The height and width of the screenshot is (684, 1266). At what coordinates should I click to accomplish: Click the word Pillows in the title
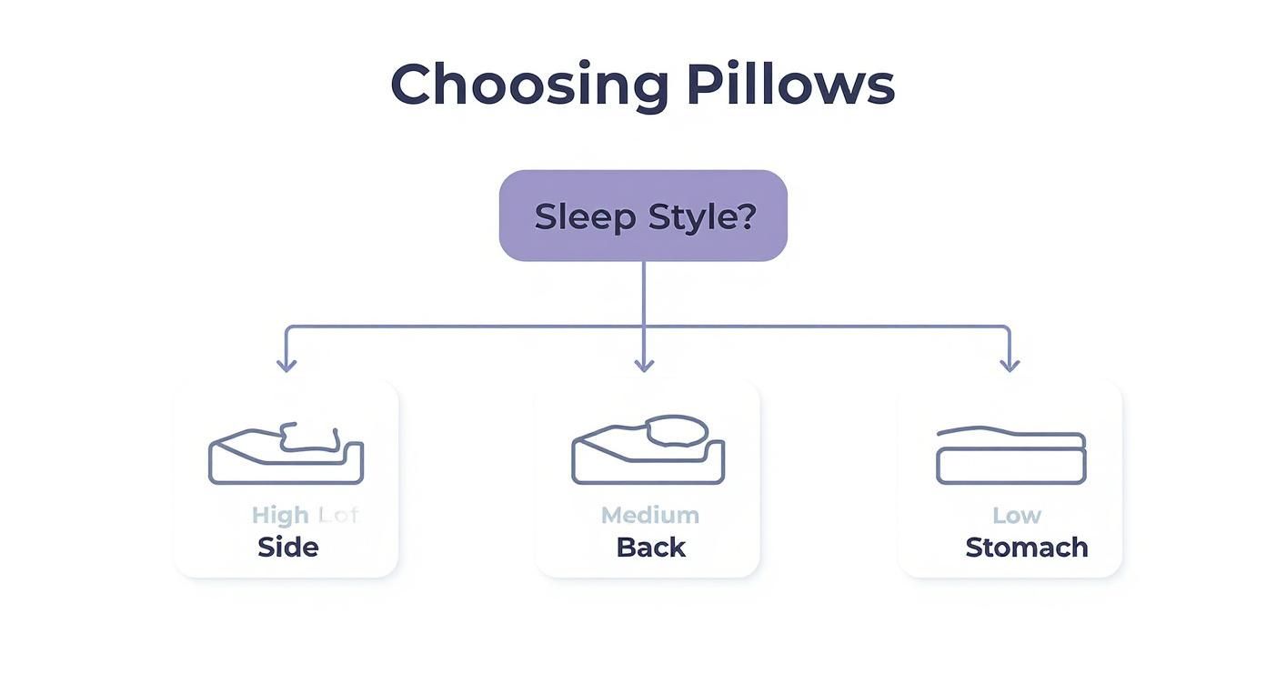(789, 85)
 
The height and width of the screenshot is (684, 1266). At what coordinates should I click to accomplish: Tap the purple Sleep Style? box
(643, 216)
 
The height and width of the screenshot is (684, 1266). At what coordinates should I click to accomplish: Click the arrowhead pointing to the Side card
(286, 365)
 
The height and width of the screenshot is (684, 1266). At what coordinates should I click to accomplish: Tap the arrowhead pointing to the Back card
(644, 365)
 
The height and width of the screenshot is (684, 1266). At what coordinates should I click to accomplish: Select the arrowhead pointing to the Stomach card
(1010, 365)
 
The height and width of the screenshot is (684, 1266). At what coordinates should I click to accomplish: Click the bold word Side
(287, 548)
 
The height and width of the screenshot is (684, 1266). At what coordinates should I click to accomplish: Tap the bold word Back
(650, 548)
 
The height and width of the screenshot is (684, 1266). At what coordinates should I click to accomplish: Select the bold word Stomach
(1026, 548)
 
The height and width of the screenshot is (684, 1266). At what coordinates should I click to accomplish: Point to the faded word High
(280, 515)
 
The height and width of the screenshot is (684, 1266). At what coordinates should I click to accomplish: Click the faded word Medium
(650, 515)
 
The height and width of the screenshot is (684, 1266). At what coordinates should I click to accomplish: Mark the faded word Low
(1016, 515)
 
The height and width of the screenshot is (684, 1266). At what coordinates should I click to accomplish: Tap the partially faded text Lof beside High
(338, 515)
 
